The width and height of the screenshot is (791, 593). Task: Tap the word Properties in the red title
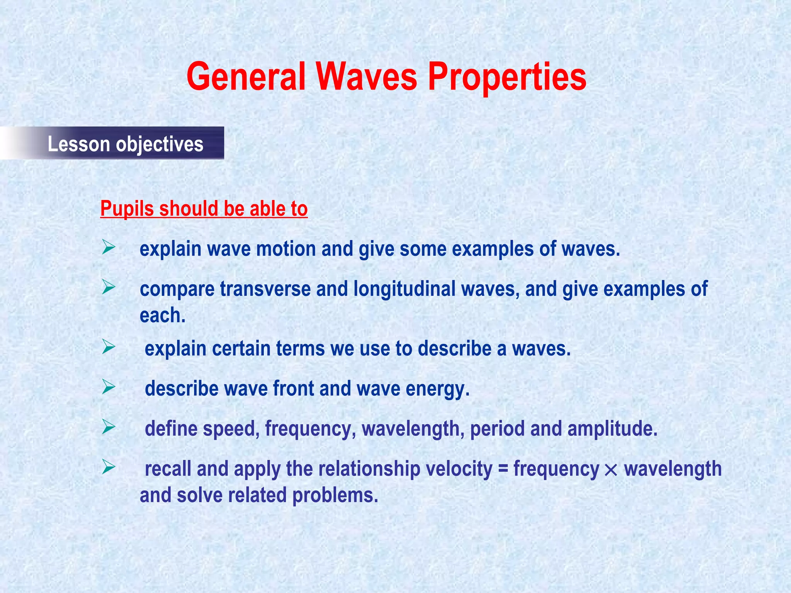507,77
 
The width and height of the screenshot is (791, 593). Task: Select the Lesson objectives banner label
125,144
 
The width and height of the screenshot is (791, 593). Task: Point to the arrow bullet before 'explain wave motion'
109,247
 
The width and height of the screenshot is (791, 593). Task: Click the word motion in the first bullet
286,249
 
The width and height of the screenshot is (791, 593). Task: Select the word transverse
265,289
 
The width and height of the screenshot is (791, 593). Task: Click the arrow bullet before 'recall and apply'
109,468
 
